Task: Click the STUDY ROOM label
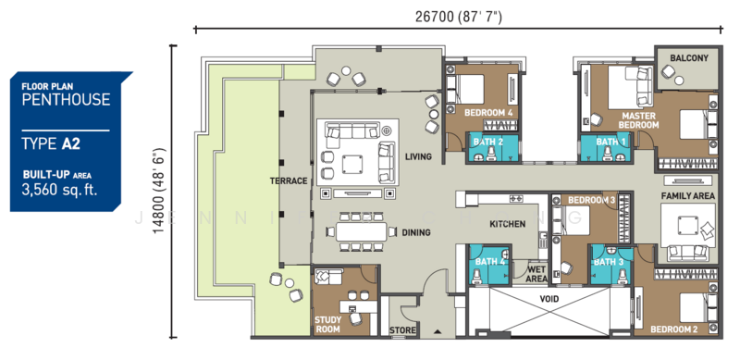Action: (327, 324)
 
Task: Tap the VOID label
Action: (549, 299)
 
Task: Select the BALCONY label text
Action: (689, 58)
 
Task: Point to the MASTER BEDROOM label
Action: (638, 120)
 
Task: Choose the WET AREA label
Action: (537, 274)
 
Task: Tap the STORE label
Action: (402, 330)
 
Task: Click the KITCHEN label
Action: (507, 223)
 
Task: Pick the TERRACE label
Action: (289, 181)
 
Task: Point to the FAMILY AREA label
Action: (687, 195)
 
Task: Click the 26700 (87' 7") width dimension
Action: (459, 17)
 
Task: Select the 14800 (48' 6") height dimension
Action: (159, 192)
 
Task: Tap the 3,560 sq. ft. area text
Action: (59, 190)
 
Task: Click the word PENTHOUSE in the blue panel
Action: (66, 99)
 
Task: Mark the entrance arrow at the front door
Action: (438, 331)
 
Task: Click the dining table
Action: (361, 232)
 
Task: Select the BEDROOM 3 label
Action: (591, 200)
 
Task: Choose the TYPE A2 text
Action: (51, 143)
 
